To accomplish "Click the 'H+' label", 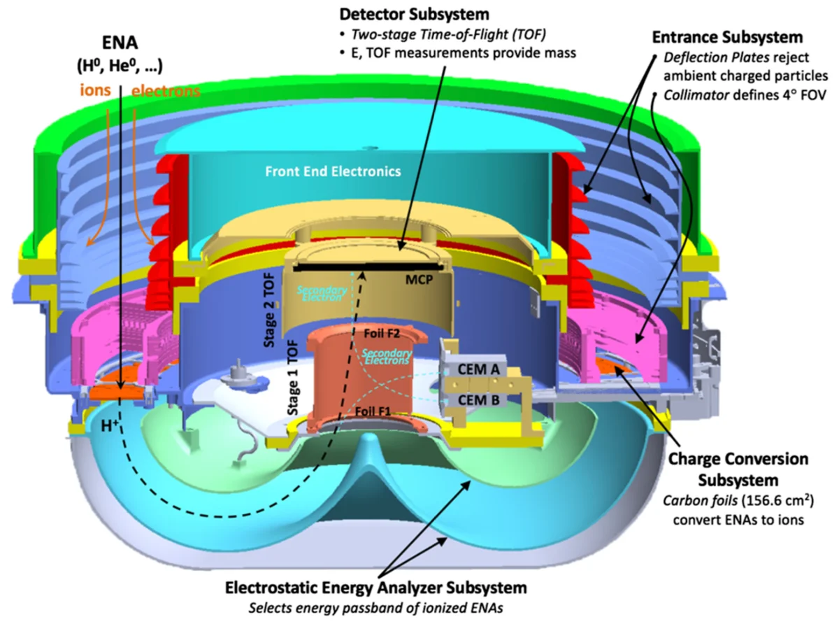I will [x=109, y=443].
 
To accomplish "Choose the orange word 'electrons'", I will [x=166, y=90].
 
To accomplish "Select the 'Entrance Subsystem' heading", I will [x=726, y=36].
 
